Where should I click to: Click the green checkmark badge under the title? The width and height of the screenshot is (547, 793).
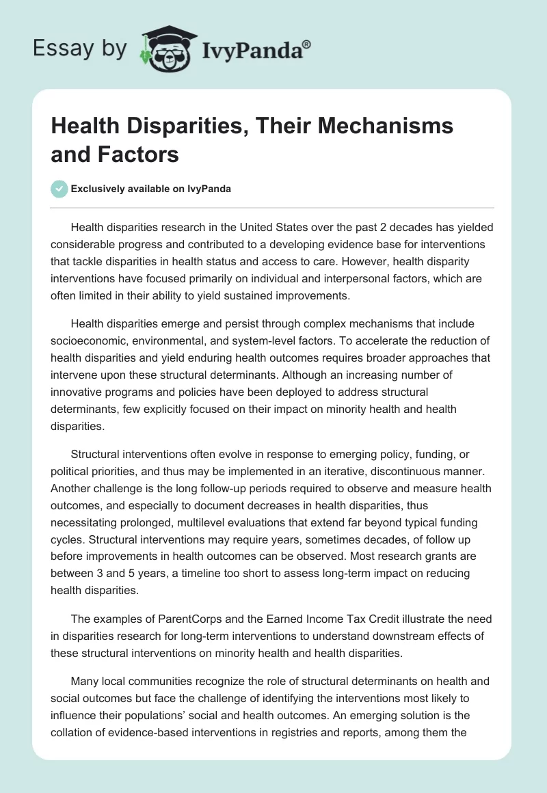click(x=59, y=189)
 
